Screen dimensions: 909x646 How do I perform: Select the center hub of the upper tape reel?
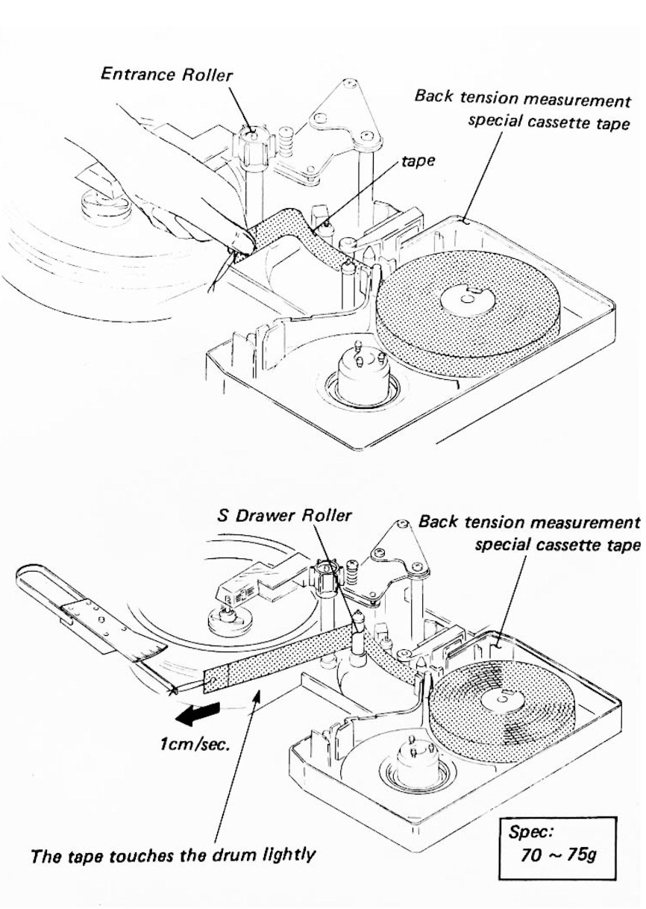[465, 299]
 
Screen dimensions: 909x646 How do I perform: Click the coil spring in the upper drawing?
[286, 139]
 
